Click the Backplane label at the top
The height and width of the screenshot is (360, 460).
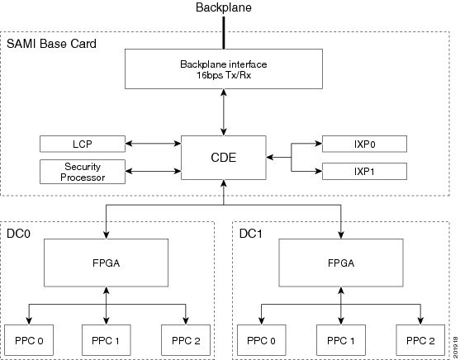click(224, 7)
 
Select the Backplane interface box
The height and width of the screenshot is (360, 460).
click(224, 69)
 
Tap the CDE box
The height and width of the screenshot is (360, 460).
click(224, 158)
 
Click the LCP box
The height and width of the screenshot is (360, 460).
click(83, 144)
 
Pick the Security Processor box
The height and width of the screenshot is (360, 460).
click(83, 172)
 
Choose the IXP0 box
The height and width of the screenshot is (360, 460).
click(364, 144)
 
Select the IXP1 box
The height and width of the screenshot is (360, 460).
click(364, 171)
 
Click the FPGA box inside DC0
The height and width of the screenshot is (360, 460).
click(106, 263)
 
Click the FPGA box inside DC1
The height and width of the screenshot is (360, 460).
click(341, 263)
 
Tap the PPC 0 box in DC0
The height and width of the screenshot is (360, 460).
click(29, 340)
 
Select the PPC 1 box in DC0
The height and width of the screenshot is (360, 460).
click(106, 340)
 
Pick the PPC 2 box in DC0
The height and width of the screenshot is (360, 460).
click(186, 340)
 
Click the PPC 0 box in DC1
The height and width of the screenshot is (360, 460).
click(262, 340)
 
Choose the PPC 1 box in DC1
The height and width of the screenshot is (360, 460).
click(341, 340)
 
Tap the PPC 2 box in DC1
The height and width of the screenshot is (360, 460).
click(420, 340)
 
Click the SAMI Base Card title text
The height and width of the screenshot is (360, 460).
click(51, 44)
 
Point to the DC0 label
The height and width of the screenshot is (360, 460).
click(18, 234)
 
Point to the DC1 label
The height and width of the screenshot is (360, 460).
click(251, 234)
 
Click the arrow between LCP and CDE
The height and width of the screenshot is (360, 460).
click(153, 144)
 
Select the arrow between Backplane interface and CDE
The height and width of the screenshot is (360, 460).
click(224, 112)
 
